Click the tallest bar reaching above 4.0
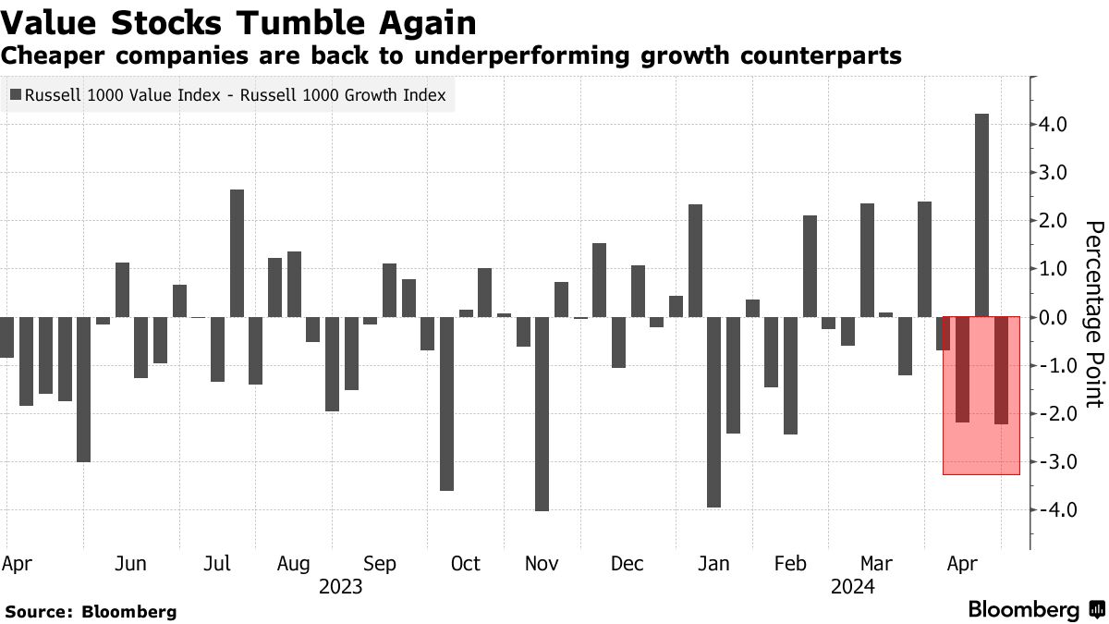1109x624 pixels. coord(981,214)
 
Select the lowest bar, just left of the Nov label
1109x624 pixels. coord(542,413)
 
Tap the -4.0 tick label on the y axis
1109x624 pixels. coord(1053,510)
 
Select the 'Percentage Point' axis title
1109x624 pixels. coord(1093,314)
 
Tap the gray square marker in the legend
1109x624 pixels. coord(15,94)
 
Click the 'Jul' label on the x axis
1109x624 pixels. coord(217,564)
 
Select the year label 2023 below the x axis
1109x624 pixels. coord(340,586)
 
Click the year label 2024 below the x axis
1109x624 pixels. coord(852,586)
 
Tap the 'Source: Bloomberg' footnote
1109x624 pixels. coord(90,611)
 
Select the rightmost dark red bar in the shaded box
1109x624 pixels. coord(1001,370)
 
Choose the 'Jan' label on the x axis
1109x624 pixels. coord(713,564)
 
